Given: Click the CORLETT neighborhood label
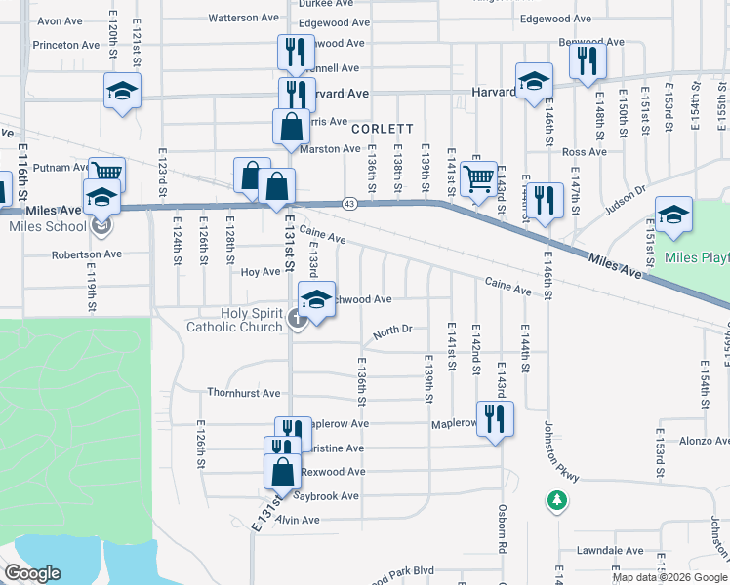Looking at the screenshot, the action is pyautogui.click(x=383, y=129).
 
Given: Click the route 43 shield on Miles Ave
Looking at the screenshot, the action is pyautogui.click(x=348, y=203).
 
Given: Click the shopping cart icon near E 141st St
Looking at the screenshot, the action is pyautogui.click(x=478, y=179).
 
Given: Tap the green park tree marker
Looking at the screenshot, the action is pyautogui.click(x=556, y=500).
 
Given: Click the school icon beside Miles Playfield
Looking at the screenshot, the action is pyautogui.click(x=673, y=215).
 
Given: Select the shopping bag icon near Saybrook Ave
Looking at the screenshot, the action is pyautogui.click(x=282, y=472).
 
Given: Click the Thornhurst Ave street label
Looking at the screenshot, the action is pyautogui.click(x=243, y=393).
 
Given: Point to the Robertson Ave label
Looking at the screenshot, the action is pyautogui.click(x=88, y=253).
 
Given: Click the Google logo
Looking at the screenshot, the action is pyautogui.click(x=32, y=573).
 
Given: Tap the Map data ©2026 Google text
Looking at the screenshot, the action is pyautogui.click(x=669, y=577).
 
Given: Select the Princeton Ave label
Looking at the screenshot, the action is pyautogui.click(x=66, y=45).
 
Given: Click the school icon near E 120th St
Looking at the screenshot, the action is pyautogui.click(x=123, y=92).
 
